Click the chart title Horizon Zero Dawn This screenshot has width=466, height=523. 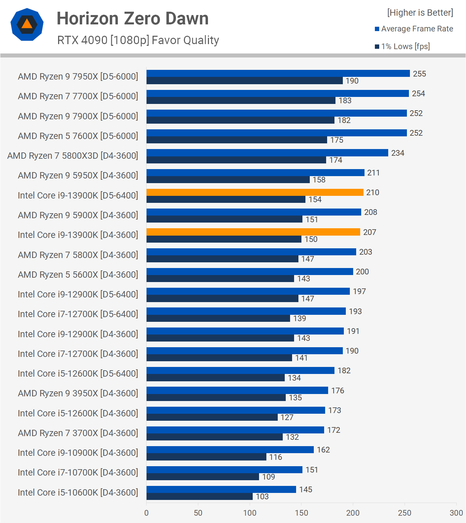pos(133,18)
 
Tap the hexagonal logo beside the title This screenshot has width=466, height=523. pos(27,24)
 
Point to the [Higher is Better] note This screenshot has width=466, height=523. pos(420,13)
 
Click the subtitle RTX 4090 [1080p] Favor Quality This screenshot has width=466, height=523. pos(138,40)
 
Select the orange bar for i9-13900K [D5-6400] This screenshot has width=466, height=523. pos(255,192)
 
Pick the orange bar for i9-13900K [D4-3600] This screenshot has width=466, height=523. pos(253,232)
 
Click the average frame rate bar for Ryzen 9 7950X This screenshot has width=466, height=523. pos(278,74)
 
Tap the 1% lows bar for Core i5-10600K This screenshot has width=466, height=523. pos(199,497)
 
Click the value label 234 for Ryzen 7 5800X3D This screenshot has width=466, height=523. pos(398,153)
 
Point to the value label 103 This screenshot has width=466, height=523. pos(262,497)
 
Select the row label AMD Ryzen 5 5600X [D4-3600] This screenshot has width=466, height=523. pos(78,275)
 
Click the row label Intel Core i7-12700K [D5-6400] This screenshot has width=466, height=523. pos(78,314)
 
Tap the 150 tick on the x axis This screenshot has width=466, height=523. pos(301,513)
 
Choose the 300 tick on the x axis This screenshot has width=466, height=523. pos(456,513)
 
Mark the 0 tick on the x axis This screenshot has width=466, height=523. pos(147,513)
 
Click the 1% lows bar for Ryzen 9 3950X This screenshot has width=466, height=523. pos(216,398)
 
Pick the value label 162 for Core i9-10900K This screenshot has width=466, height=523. pos(323,450)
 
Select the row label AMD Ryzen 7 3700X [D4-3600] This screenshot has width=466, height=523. pos(78,433)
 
